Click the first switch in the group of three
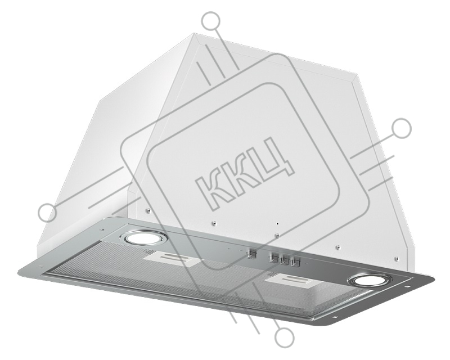tap(273, 258)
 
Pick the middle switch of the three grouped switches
tap(283, 260)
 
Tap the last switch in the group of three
tap(293, 262)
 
